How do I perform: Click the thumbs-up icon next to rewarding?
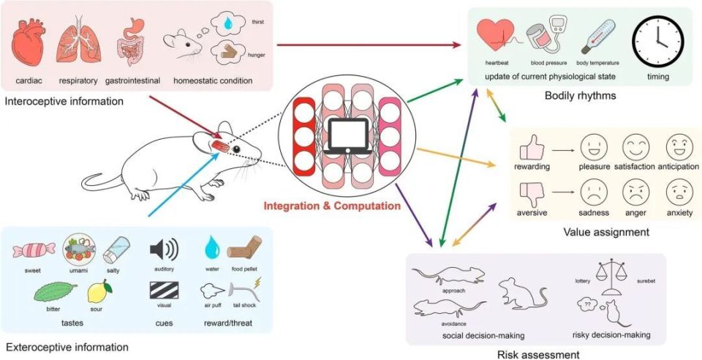click(x=531, y=149)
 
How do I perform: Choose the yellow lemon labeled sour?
click(x=99, y=293)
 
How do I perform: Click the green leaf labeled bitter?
click(x=48, y=294)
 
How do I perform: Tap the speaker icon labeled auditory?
click(x=163, y=251)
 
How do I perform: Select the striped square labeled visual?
click(x=163, y=289)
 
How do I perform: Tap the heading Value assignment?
click(x=606, y=232)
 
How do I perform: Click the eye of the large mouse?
click(x=235, y=150)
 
